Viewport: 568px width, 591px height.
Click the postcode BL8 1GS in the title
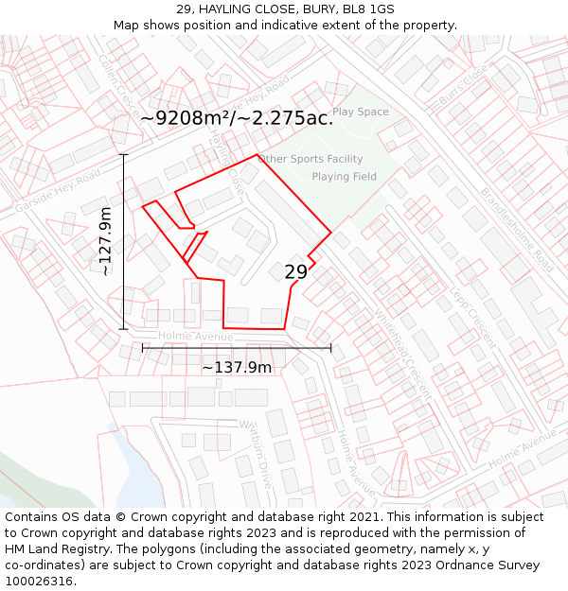tap(368, 9)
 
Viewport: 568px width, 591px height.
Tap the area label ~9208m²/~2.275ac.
tap(237, 118)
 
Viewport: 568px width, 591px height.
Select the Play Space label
tap(361, 112)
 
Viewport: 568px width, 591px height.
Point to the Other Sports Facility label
tap(311, 159)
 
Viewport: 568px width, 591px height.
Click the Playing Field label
tap(344, 177)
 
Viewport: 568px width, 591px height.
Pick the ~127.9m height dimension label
tap(105, 241)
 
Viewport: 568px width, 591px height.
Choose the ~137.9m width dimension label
tap(237, 367)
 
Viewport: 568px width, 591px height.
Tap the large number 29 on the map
tap(295, 272)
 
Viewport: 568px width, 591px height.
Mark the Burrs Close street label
tap(463, 86)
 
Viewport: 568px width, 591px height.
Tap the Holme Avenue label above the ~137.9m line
tap(195, 337)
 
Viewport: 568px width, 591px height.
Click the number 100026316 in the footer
tap(41, 582)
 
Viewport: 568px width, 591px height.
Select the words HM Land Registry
tap(53, 549)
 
